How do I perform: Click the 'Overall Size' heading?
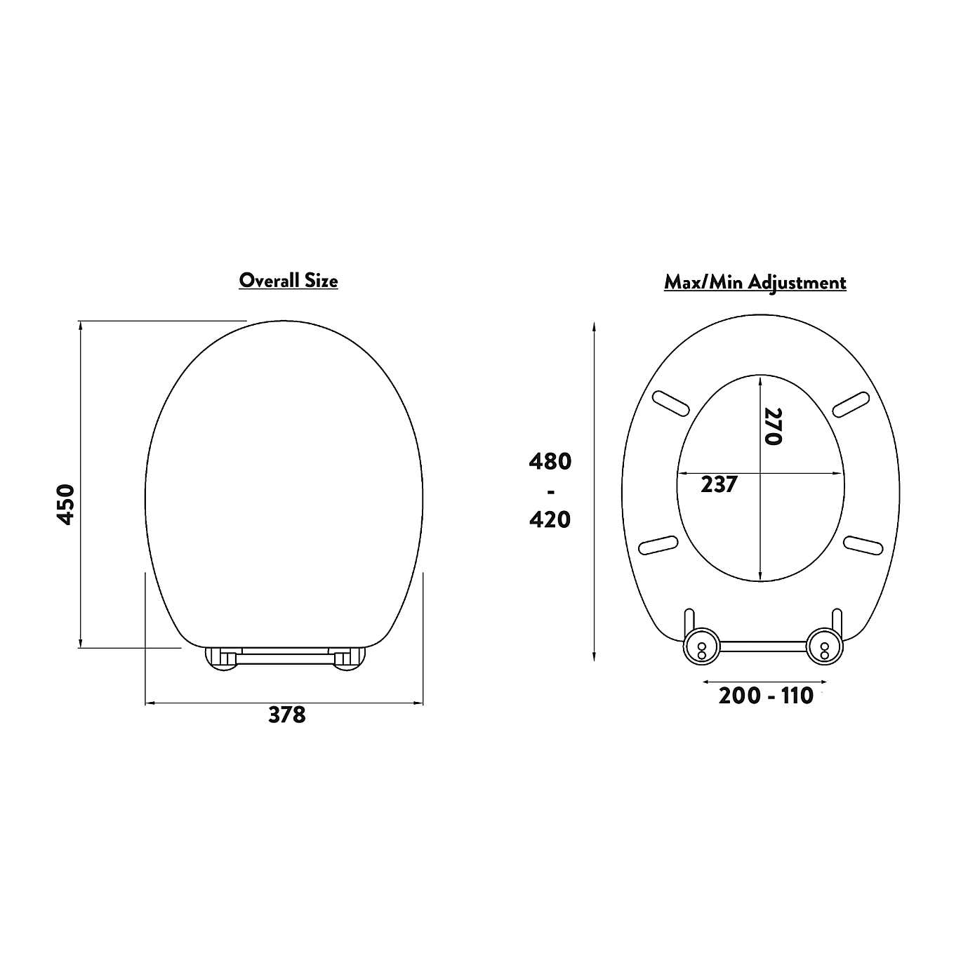(x=288, y=280)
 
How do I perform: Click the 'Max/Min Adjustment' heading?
(x=755, y=282)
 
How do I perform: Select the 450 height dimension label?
(x=65, y=503)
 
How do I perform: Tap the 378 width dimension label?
(x=287, y=715)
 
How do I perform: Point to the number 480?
(x=550, y=462)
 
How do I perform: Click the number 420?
(x=550, y=519)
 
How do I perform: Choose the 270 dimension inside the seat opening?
(x=773, y=426)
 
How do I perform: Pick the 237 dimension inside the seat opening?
(x=719, y=484)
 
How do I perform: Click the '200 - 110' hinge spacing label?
(x=765, y=696)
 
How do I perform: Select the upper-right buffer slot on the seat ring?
(x=851, y=404)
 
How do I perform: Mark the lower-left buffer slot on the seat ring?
(x=658, y=545)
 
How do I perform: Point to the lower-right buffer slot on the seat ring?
(x=863, y=545)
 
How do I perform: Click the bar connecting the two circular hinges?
(x=762, y=646)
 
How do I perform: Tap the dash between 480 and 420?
(x=550, y=491)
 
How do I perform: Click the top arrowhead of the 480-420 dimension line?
(x=595, y=326)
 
